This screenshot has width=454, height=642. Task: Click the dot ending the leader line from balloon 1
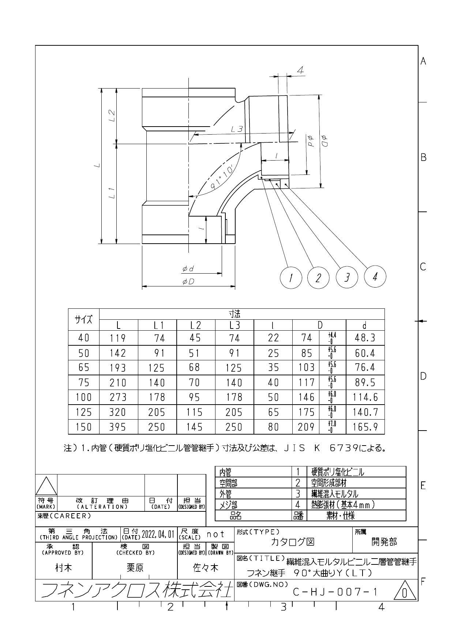[262, 178]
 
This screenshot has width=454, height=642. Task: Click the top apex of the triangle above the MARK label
[46, 476]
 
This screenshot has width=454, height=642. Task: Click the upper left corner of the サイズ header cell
[69, 309]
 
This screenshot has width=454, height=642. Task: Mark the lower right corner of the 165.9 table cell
[384, 434]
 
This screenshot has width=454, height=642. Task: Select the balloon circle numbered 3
[347, 278]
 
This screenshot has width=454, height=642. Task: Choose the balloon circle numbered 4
[375, 277]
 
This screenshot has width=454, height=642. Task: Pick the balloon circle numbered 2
[318, 278]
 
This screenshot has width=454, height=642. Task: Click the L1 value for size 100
[157, 397]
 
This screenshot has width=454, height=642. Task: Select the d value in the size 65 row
[365, 367]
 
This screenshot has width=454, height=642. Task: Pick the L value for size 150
[118, 427]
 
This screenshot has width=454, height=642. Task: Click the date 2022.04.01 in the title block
[158, 534]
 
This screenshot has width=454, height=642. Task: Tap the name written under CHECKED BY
[135, 567]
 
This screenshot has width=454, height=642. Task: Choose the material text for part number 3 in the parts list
[334, 494]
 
